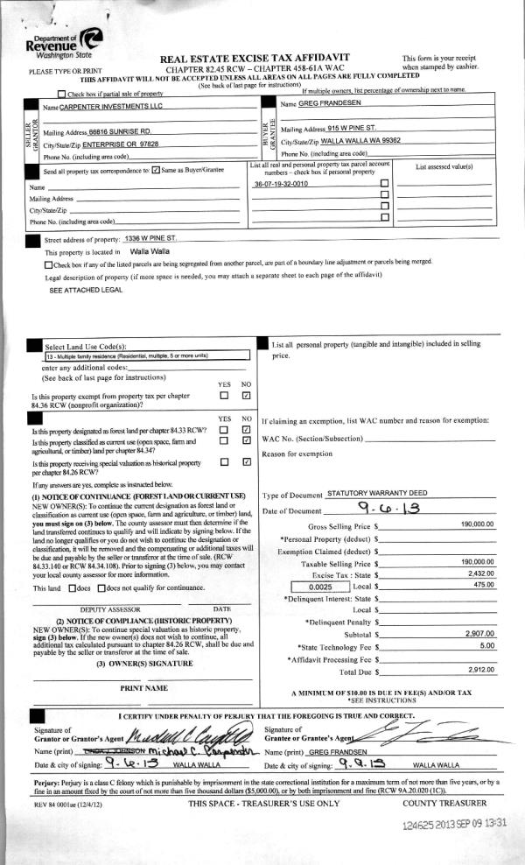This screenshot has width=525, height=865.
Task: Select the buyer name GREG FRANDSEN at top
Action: [339, 104]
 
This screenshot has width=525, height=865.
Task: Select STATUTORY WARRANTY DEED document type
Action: [374, 494]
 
